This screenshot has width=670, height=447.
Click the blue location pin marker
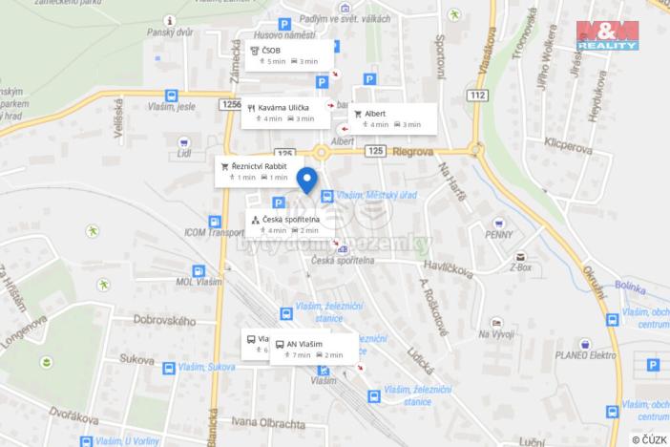(x=306, y=180)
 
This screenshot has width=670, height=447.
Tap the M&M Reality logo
(x=607, y=35)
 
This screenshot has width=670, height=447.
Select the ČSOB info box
(x=289, y=55)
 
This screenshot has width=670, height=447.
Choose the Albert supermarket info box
(x=392, y=117)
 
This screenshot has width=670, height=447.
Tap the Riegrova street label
(x=413, y=150)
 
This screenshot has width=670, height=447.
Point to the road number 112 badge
(x=477, y=95)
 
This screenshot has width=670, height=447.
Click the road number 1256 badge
(x=229, y=104)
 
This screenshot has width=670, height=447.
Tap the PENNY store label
(x=499, y=234)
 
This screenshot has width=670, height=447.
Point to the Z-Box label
(x=520, y=268)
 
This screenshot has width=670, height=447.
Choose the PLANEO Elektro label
(x=535, y=354)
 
